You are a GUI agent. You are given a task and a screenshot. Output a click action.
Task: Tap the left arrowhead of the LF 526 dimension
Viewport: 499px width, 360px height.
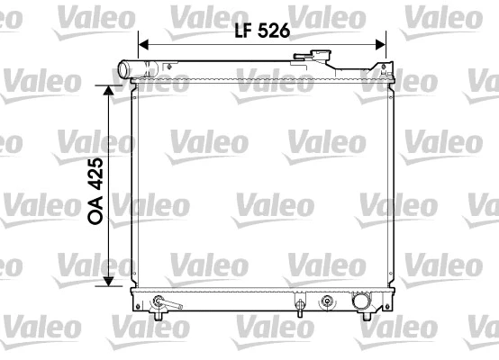(143, 41)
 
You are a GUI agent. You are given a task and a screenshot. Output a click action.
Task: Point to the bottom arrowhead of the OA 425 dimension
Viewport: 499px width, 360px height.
(109, 281)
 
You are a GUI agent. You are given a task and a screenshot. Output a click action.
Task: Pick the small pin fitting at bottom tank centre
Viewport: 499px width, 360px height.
(298, 304)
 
